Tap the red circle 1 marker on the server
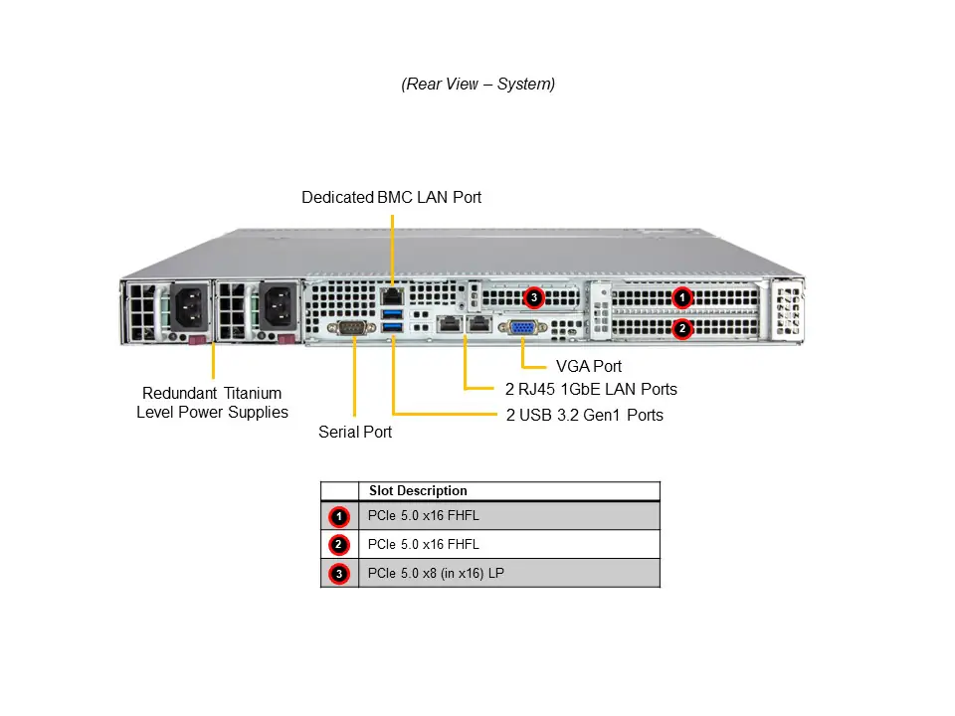pos(681,296)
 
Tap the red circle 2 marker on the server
pos(681,328)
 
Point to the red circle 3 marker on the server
pos(533,296)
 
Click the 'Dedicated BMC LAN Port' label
pos(391,198)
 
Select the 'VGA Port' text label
pos(589,367)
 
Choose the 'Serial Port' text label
pos(355,432)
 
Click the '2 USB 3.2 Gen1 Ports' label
pos(585,415)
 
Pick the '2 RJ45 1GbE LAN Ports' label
pos(591,389)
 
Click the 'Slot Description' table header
pos(418,491)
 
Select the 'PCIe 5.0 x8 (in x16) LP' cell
pos(436,573)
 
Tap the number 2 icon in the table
pos(339,545)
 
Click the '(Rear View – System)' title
pos(477,85)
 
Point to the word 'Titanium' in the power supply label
pos(253,393)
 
